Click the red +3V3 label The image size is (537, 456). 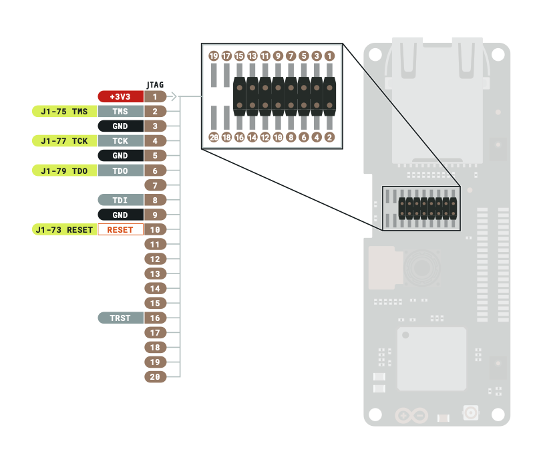pyautogui.click(x=120, y=97)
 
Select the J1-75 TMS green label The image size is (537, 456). pyautogui.click(x=64, y=112)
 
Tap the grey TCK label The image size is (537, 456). pyautogui.click(x=120, y=141)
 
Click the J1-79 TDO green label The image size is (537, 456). pyautogui.click(x=64, y=170)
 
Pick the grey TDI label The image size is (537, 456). pyautogui.click(x=120, y=200)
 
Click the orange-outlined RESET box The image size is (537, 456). pyautogui.click(x=120, y=229)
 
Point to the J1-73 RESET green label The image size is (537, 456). pyautogui.click(x=64, y=229)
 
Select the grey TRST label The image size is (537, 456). pyautogui.click(x=120, y=318)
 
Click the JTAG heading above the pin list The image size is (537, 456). pyautogui.click(x=155, y=85)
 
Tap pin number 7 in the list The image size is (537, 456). pyautogui.click(x=155, y=185)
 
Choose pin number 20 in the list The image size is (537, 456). pyautogui.click(x=155, y=377)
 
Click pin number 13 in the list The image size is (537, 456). pyautogui.click(x=155, y=274)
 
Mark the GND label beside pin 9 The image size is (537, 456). pyautogui.click(x=120, y=215)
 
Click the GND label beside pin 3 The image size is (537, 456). pyautogui.click(x=120, y=126)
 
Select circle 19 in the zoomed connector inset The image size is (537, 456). pyautogui.click(x=214, y=56)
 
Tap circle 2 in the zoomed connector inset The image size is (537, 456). pyautogui.click(x=329, y=137)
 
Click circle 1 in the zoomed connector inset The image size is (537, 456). pyautogui.click(x=329, y=56)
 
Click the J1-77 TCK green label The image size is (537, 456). pyautogui.click(x=64, y=141)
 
